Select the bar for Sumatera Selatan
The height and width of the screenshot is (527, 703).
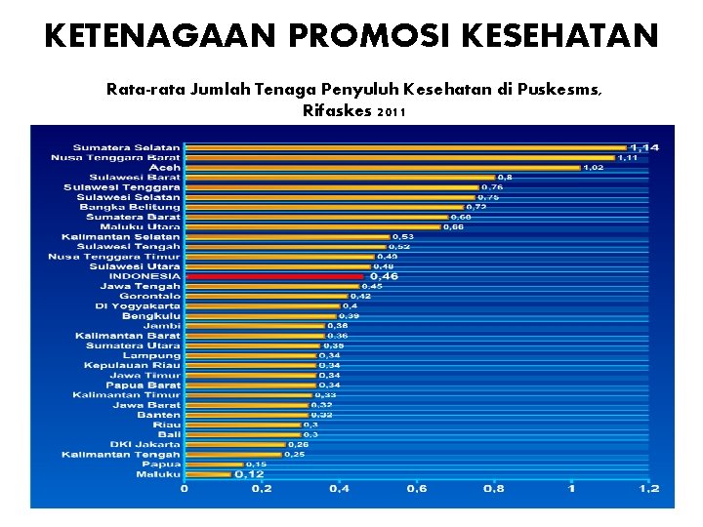pos(405,147)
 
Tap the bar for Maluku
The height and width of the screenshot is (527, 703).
pos(207,474)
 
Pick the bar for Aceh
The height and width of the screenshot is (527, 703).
pos(382,167)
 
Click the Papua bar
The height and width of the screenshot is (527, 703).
pos(213,464)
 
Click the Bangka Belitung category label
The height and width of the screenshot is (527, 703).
pos(130,207)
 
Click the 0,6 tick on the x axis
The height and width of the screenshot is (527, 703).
pos(416,488)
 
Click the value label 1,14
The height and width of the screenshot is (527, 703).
pos(643,147)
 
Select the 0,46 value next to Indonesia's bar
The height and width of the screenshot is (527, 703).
pos(384,277)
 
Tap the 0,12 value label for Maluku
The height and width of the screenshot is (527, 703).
pos(250,474)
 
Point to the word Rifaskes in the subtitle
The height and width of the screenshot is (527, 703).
pos(337,111)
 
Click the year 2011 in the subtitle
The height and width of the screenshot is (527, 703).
pos(390,112)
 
